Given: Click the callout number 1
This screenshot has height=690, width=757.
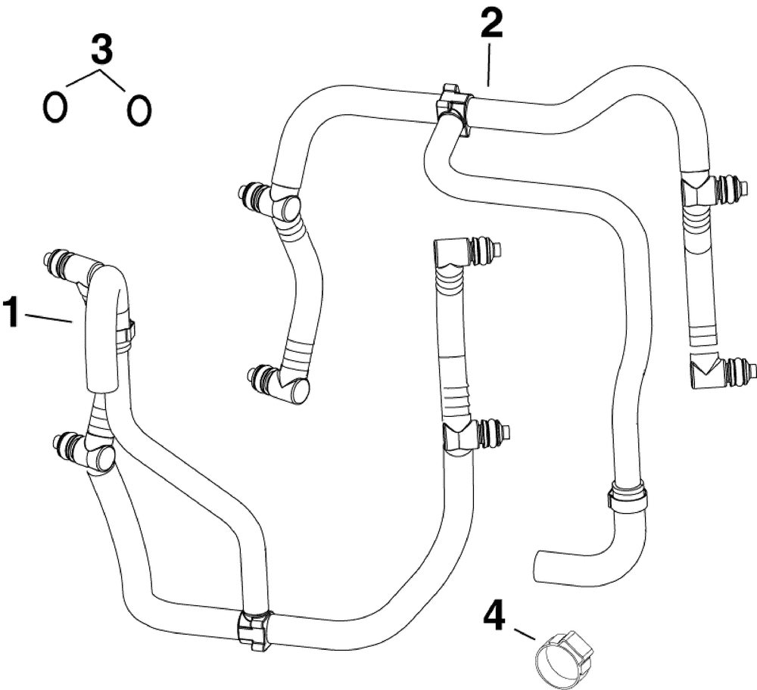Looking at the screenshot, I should point(12,312).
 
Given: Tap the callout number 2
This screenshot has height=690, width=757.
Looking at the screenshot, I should point(490,26).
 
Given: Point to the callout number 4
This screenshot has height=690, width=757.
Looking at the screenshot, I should point(494,617).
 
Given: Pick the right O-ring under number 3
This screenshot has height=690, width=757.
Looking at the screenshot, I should point(139,110).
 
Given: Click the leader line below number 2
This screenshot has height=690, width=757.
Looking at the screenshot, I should point(489,64).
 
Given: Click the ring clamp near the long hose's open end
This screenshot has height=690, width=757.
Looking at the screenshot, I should point(628,498).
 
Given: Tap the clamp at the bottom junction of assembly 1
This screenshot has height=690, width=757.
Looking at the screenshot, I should point(253,629).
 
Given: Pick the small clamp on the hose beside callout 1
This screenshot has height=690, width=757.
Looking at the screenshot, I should point(126,334).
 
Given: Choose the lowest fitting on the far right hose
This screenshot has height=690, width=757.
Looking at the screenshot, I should point(723,371).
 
